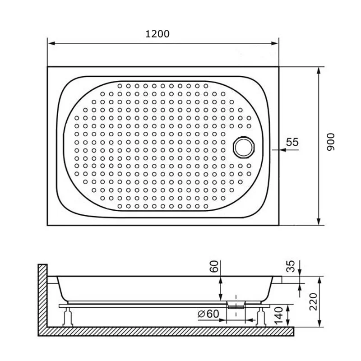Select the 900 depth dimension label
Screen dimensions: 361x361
(x=331, y=143)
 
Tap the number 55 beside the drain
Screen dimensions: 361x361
(x=292, y=142)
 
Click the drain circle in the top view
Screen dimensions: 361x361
(x=244, y=147)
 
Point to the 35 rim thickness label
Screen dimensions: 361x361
(x=291, y=266)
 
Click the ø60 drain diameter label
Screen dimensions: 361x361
(x=207, y=314)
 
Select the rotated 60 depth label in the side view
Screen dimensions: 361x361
(x=215, y=267)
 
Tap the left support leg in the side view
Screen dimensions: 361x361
(x=68, y=316)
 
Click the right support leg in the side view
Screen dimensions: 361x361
(x=260, y=316)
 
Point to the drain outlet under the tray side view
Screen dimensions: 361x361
(x=236, y=305)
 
